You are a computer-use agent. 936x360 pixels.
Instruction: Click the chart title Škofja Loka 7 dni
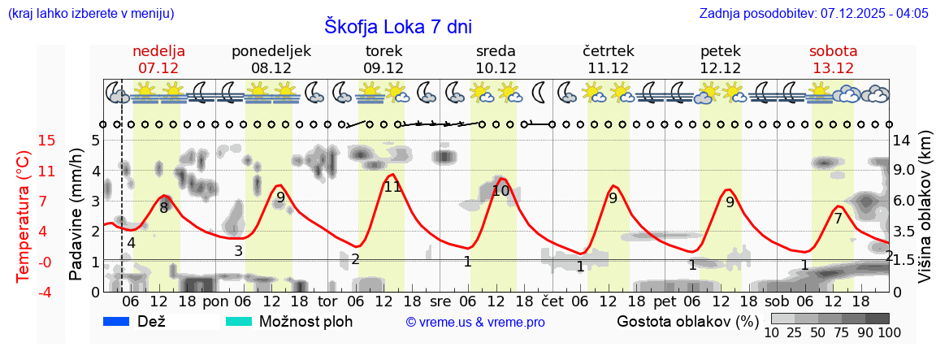(x=397, y=25)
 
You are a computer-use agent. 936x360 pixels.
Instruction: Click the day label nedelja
(x=159, y=51)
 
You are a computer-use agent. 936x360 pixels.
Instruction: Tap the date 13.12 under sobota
(x=833, y=68)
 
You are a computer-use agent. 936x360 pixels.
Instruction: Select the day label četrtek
(x=609, y=51)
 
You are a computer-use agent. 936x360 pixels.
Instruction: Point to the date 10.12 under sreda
(x=496, y=68)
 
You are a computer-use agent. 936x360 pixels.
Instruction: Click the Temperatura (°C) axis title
(x=24, y=215)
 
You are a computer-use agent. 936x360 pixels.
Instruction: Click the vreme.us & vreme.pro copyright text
(x=475, y=322)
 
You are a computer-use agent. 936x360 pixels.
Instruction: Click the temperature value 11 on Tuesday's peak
(x=392, y=187)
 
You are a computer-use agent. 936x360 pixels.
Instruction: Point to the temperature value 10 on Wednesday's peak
(x=500, y=191)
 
